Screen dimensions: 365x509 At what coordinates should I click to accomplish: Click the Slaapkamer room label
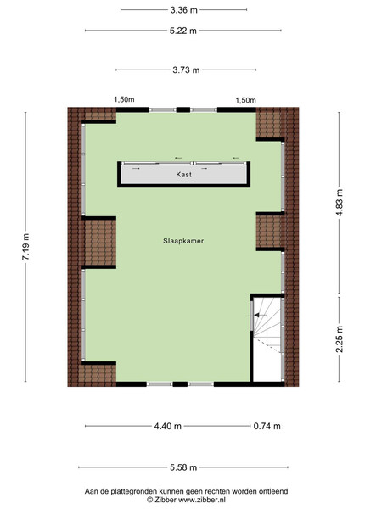(183, 241)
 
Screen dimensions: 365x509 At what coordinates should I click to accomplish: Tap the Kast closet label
(184, 174)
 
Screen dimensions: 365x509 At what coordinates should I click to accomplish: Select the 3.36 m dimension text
(184, 10)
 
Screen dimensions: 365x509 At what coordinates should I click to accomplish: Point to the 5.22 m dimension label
(183, 31)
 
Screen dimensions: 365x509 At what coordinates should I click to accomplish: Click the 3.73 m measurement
(186, 70)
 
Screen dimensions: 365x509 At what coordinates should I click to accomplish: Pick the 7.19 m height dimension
(25, 246)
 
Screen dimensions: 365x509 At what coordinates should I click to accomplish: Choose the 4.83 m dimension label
(340, 203)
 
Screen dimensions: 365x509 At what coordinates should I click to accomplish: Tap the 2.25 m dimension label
(340, 338)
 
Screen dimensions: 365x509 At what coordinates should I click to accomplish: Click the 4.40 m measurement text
(167, 426)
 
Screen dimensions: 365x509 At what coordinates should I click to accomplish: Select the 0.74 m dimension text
(267, 426)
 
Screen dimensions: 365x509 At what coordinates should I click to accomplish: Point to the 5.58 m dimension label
(183, 467)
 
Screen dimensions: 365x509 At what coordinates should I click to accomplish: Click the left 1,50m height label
(124, 99)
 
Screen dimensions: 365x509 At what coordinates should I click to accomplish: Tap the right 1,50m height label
(245, 100)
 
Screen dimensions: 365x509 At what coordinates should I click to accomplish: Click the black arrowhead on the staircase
(256, 315)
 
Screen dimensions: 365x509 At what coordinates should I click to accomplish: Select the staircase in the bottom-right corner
(267, 339)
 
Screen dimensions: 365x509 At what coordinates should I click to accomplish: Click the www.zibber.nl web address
(201, 500)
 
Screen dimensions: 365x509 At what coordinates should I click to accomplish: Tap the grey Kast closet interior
(184, 175)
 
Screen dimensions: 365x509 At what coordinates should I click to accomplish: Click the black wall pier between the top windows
(183, 109)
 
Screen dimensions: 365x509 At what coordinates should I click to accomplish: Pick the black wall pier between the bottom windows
(180, 384)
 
